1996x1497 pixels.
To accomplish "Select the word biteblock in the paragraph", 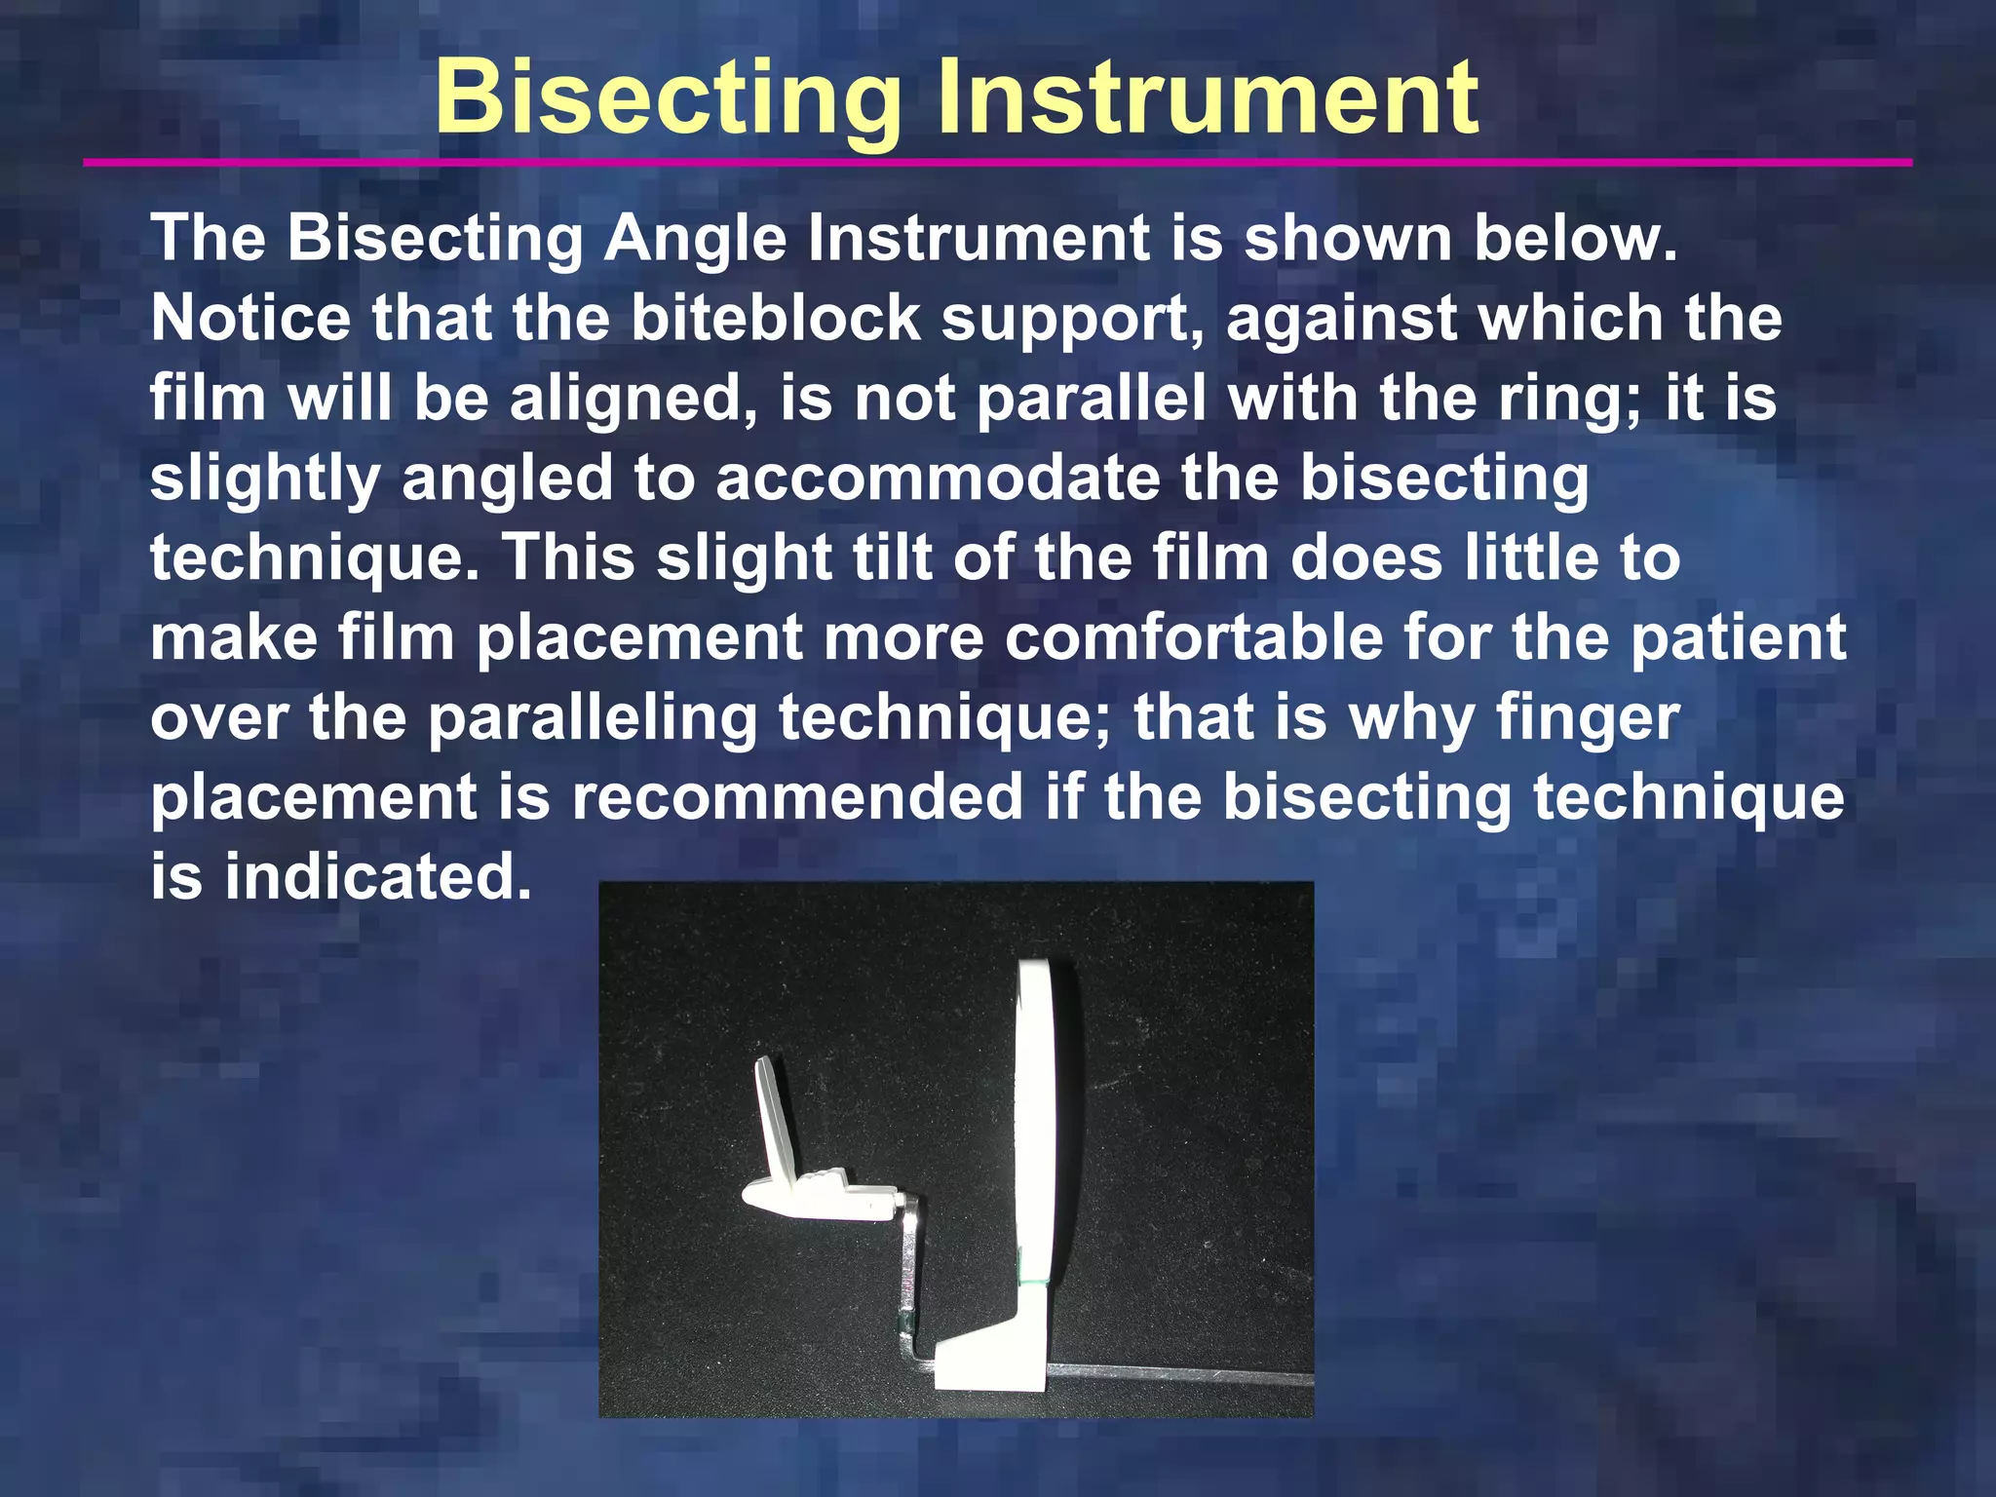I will pyautogui.click(x=776, y=319).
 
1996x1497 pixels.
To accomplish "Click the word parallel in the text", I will pyautogui.click(x=1091, y=399).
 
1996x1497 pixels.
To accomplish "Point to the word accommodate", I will pyautogui.click(x=937, y=479).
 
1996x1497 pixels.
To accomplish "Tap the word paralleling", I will pyautogui.click(x=593, y=718).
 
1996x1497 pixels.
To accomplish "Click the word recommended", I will pyautogui.click(x=796, y=798).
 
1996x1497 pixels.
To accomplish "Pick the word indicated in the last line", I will pyautogui.click(x=378, y=877).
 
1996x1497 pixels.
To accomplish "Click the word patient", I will pyautogui.click(x=1738, y=638).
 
